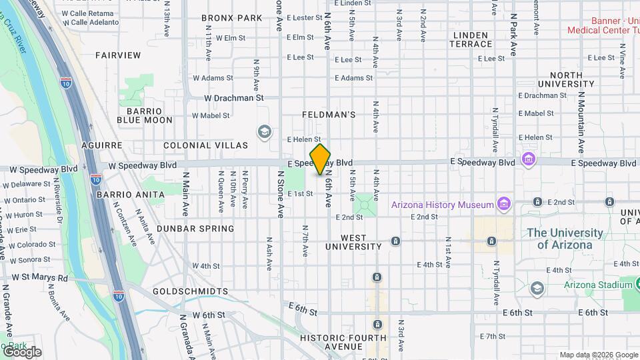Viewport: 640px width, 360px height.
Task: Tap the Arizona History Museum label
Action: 442,204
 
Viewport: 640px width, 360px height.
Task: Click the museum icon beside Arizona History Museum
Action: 503,203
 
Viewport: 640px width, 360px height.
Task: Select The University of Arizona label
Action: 565,239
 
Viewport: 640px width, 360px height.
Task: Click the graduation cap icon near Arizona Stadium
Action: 536,288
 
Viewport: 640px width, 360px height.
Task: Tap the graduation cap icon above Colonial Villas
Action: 265,131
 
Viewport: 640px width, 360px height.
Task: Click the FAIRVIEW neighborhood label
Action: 118,55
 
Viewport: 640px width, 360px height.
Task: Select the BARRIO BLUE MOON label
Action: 145,115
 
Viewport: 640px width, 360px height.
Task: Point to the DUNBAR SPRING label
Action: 195,229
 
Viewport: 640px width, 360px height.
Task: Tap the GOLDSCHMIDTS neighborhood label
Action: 190,291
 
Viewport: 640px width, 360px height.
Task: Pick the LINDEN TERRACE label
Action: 472,39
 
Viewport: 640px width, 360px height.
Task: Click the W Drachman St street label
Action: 233,97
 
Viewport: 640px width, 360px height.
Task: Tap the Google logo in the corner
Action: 21,352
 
